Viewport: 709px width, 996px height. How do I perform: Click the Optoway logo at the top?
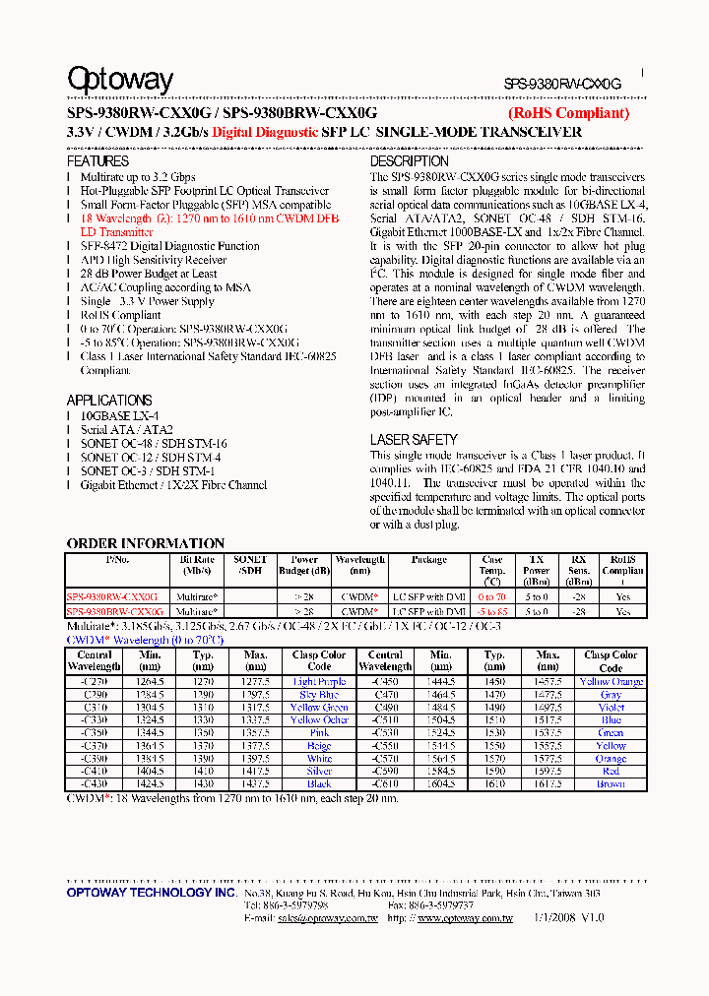[x=119, y=79]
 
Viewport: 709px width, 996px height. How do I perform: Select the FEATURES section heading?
[x=97, y=160]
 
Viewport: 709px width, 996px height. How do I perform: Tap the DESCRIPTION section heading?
[x=409, y=160]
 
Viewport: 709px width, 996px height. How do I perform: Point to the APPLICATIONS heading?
[x=108, y=401]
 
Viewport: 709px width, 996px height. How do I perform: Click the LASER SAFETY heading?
[x=414, y=440]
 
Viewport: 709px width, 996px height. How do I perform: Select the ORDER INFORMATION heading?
[x=145, y=543]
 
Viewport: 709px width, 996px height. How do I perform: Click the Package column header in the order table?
[x=428, y=560]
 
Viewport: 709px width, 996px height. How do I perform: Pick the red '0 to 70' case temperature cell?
[x=492, y=597]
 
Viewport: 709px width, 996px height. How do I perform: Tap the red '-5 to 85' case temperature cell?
[x=492, y=611]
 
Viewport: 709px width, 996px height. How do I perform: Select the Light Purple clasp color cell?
[x=319, y=682]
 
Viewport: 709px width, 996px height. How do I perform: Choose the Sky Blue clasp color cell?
[x=319, y=695]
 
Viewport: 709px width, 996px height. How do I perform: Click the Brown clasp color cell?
[x=611, y=784]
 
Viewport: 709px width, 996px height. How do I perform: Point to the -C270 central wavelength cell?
[x=95, y=682]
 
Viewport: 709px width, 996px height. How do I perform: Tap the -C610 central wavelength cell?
[x=385, y=784]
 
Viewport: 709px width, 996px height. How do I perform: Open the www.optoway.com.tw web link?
[x=465, y=917]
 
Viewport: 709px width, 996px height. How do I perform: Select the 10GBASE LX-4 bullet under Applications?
[x=119, y=416]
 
